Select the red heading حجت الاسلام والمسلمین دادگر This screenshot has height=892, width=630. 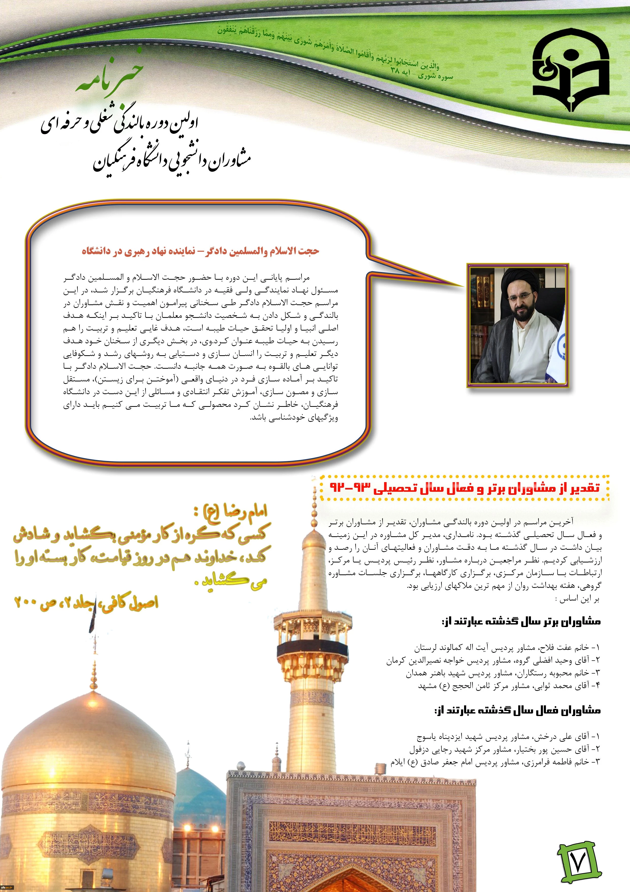click(x=200, y=251)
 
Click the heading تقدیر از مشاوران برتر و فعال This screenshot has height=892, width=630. click(x=465, y=487)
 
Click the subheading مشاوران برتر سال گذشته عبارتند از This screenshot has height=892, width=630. click(x=521, y=622)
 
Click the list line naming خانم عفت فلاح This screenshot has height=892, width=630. click(x=507, y=648)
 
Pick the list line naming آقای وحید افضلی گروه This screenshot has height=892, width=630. click(x=493, y=660)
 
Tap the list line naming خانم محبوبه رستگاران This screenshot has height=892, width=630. click(x=503, y=673)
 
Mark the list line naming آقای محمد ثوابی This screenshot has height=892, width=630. click(x=509, y=686)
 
